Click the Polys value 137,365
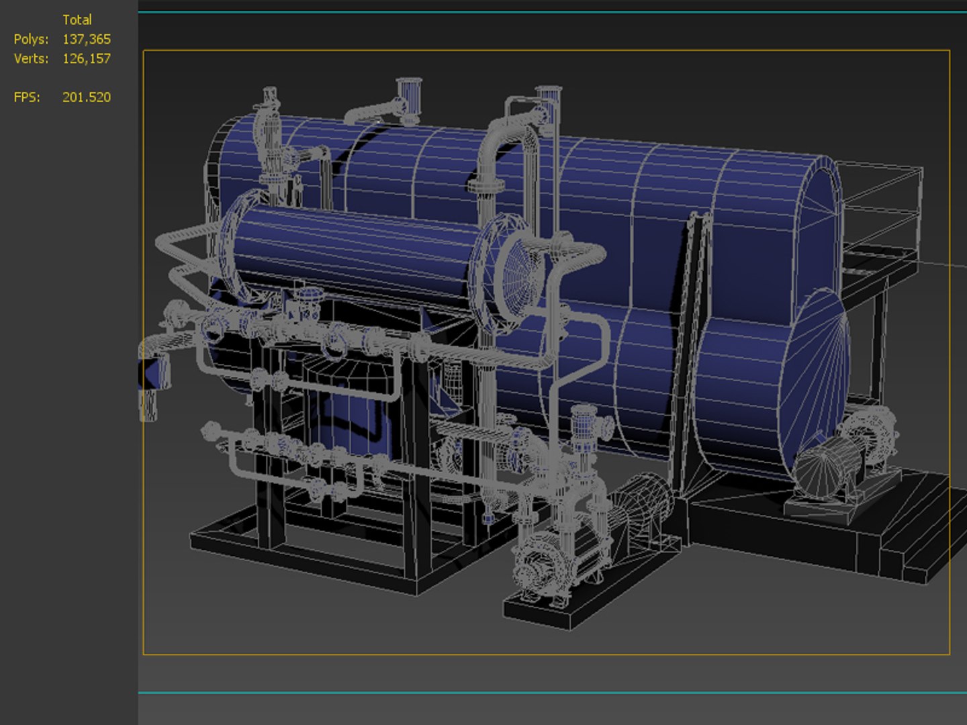click(86, 40)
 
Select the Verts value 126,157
click(86, 59)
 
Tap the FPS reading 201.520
click(86, 97)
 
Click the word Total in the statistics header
click(77, 20)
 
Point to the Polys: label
click(31, 40)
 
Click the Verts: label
click(31, 59)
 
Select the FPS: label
click(27, 97)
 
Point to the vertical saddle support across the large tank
click(692, 349)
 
